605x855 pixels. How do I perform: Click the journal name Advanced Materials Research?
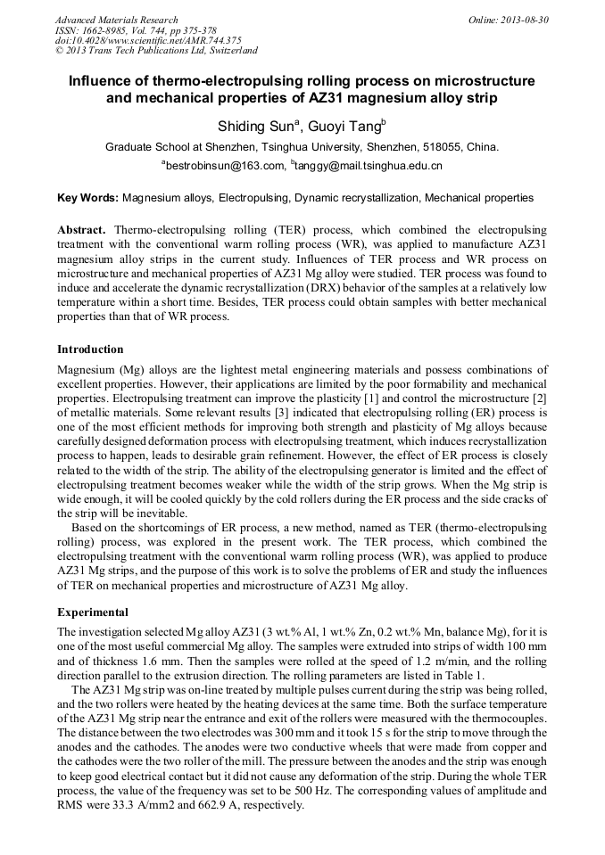pos(116,20)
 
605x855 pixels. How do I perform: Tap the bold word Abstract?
pos(82,230)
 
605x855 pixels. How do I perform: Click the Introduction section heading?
pos(90,349)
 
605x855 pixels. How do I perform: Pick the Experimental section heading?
pos(93,612)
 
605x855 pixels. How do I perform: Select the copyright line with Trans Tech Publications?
pos(156,51)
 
